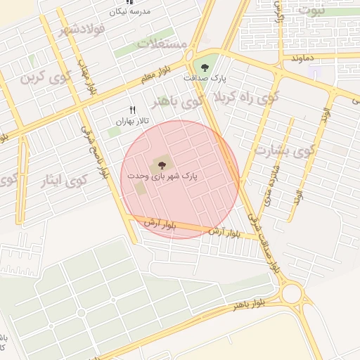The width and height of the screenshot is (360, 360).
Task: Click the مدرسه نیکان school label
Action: (129, 13)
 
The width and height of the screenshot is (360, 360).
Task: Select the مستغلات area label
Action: (163, 44)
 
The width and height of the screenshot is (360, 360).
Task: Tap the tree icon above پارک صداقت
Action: (204, 68)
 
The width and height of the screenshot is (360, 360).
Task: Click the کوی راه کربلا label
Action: (240, 97)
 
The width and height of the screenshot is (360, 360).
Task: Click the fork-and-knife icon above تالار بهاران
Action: (131, 109)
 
